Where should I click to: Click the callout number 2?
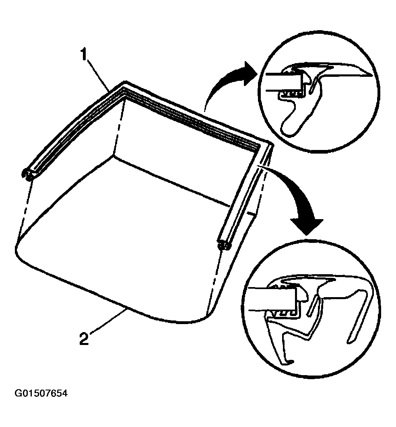coord(84,339)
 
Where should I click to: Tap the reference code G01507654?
coord(41,393)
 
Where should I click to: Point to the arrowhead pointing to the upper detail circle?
coord(250,73)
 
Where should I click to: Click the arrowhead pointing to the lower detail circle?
coord(307,225)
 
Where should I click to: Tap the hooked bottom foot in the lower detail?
coord(286,361)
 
